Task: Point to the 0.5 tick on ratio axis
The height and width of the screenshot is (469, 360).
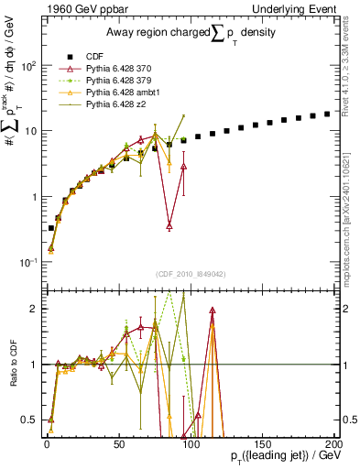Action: tap(31, 420)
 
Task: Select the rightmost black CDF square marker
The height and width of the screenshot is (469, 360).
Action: tap(327, 115)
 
